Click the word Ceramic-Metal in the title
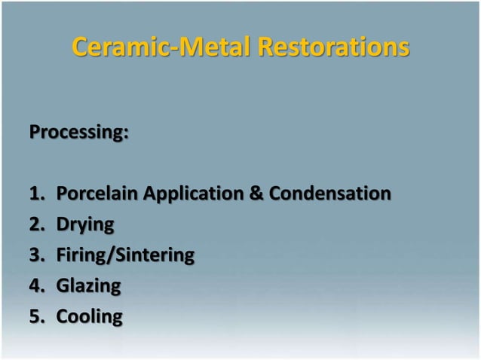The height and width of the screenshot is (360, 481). click(162, 47)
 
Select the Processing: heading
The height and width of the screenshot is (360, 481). click(79, 133)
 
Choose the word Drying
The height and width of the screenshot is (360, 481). click(85, 224)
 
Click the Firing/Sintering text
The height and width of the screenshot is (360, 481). click(125, 255)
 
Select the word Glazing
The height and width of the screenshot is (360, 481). click(88, 285)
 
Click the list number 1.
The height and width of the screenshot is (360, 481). click(35, 194)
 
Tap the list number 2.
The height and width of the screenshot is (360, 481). click(35, 224)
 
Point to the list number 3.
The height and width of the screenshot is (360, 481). click(35, 255)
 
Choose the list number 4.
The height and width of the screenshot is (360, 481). click(35, 285)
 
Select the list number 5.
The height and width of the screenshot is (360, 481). click(35, 316)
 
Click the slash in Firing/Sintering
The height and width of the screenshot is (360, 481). click(112, 255)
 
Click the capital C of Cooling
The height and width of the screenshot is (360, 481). click(63, 316)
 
